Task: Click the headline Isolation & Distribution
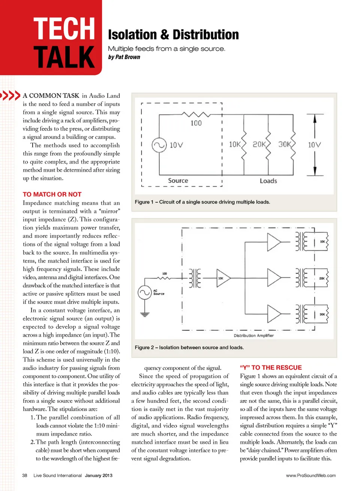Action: click(173, 35)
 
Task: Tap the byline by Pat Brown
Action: click(124, 57)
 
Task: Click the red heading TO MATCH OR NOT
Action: click(52, 194)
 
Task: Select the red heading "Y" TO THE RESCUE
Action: click(271, 368)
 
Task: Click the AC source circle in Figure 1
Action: click(159, 145)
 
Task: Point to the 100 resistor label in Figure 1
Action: click(196, 123)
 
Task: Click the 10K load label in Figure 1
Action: click(235, 144)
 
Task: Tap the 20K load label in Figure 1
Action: click(259, 144)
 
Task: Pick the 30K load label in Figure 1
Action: click(284, 144)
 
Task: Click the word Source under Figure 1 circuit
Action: click(178, 181)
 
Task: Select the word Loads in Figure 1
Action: click(268, 181)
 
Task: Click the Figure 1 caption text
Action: click(202, 202)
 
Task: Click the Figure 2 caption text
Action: click(189, 347)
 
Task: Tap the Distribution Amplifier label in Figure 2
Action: click(254, 335)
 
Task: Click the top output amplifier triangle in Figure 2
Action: click(274, 242)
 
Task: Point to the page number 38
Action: click(25, 475)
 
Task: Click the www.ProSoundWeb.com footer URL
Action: click(311, 475)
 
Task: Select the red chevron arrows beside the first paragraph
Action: click(10, 95)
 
